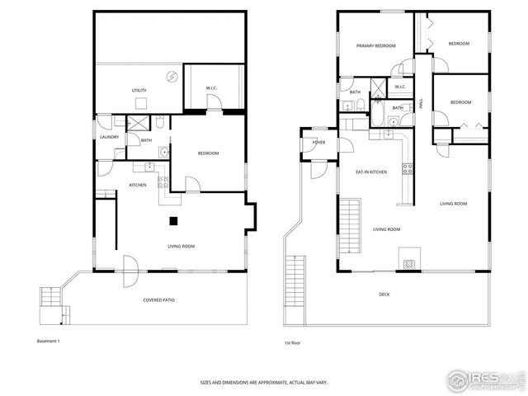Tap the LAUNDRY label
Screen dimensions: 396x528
coord(110,137)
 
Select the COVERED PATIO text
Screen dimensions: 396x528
coord(158,299)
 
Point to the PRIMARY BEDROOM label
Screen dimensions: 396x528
coord(374,45)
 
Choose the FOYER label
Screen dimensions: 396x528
coord(318,143)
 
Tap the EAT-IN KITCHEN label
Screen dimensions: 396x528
coord(371,172)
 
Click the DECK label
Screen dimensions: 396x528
coord(384,295)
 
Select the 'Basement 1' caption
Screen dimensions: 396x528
coord(49,341)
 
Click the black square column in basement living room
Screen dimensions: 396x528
coord(173,220)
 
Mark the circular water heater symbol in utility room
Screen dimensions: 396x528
coord(172,77)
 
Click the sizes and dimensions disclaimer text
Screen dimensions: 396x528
coord(263,383)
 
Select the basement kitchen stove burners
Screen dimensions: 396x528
coord(163,181)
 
